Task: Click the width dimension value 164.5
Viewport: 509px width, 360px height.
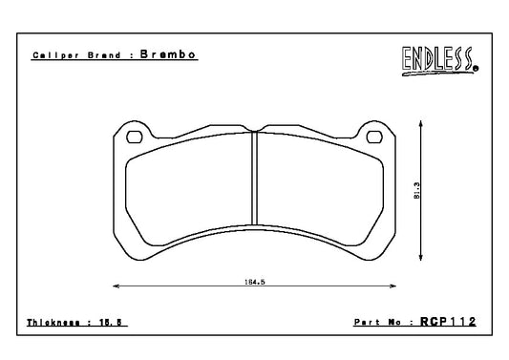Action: coord(254,282)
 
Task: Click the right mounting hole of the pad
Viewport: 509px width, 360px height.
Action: coord(374,137)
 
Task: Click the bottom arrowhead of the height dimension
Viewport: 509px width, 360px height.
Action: coord(418,261)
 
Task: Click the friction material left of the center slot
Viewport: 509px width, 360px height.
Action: coord(191,191)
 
